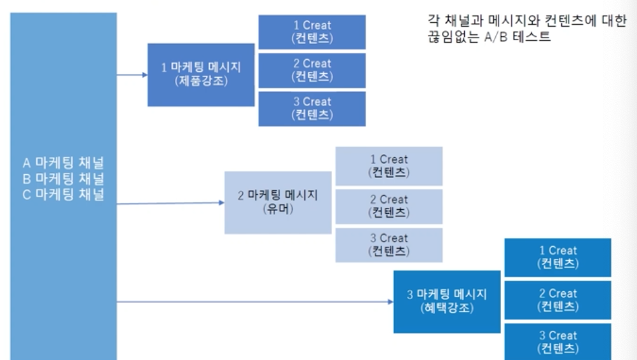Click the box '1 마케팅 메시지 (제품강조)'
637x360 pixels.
point(201,74)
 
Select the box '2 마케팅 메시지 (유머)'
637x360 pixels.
point(278,202)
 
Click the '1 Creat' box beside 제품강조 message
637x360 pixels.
point(312,32)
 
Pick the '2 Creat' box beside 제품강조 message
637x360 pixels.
point(312,70)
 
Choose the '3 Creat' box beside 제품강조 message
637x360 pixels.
point(312,108)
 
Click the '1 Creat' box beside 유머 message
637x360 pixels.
point(389,166)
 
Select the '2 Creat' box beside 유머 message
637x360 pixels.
point(389,206)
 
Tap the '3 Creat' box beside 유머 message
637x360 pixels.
point(389,245)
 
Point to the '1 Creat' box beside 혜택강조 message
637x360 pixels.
point(558,258)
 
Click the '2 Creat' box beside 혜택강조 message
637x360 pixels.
point(558,300)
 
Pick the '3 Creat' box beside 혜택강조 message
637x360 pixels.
point(558,342)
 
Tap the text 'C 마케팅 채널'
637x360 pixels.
point(64,194)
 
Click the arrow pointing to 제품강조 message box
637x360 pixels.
point(132,74)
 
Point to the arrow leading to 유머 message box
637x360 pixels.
point(170,204)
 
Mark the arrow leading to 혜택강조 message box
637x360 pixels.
point(254,301)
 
